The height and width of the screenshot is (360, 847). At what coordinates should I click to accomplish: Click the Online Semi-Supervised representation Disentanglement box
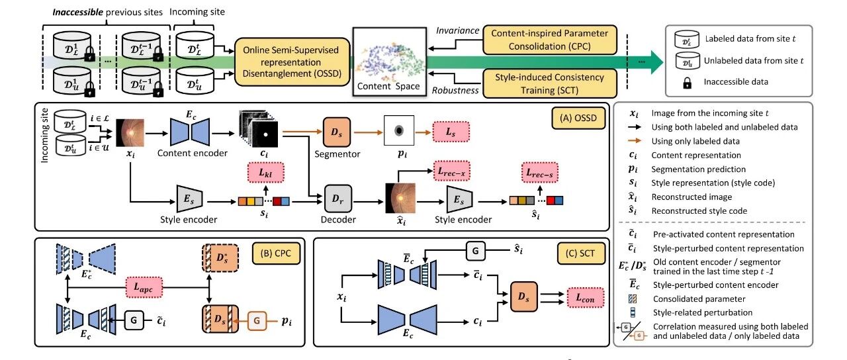click(292, 62)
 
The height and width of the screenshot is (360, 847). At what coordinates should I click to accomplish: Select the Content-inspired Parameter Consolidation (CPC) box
click(549, 40)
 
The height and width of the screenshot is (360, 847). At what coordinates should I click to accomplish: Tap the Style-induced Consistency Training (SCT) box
click(549, 83)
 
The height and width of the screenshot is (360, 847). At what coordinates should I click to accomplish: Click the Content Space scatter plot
click(390, 62)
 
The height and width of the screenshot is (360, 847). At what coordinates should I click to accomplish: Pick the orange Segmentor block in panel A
click(337, 132)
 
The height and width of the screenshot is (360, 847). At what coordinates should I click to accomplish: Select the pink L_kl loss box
click(265, 173)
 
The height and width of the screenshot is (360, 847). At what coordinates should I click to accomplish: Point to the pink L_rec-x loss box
click(451, 171)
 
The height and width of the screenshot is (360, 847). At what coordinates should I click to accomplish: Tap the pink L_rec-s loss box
click(539, 173)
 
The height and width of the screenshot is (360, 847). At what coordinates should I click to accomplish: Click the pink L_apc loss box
click(144, 287)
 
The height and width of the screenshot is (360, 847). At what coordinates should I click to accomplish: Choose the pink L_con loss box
click(585, 298)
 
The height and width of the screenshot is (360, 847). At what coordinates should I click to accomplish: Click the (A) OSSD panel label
click(578, 118)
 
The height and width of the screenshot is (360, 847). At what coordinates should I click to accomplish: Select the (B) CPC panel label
click(276, 253)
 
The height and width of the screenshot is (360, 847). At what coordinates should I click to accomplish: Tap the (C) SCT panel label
click(580, 253)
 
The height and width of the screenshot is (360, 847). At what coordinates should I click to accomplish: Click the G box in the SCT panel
click(475, 251)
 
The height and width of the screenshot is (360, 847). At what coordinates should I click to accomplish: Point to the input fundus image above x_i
click(130, 133)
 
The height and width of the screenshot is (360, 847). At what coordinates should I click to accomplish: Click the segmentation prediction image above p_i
click(399, 130)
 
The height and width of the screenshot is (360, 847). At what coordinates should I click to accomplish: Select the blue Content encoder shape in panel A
click(190, 132)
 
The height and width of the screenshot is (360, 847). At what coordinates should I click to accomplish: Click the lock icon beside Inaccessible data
click(687, 82)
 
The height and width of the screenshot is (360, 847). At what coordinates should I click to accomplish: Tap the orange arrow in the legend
click(635, 141)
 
